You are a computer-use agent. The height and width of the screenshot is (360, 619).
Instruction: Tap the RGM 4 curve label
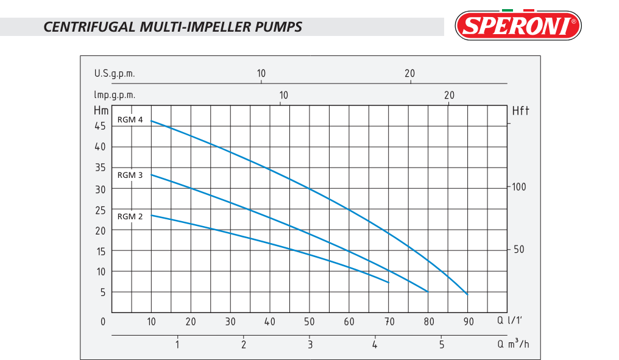130,120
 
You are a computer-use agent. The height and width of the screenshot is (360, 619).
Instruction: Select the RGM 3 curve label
130,175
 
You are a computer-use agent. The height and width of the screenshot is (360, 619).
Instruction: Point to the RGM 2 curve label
130,216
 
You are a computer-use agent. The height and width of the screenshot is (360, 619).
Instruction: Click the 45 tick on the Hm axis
99,125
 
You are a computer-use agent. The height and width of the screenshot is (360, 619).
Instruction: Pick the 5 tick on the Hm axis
103,292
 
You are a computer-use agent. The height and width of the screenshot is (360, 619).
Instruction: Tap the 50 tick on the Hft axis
518,250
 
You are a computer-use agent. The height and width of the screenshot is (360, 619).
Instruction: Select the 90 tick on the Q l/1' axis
468,322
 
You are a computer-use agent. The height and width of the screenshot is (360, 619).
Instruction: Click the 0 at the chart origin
103,322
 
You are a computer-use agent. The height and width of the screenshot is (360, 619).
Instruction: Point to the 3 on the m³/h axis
309,345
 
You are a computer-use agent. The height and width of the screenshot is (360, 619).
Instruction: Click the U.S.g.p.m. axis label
115,74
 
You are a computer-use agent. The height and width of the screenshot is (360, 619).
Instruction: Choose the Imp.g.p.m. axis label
115,95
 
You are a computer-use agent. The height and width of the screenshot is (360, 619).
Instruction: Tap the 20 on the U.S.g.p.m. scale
409,74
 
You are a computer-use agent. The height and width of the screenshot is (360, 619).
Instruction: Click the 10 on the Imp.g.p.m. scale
283,95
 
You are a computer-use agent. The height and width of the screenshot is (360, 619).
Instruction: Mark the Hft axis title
520,111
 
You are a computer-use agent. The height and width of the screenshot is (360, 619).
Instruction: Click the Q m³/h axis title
514,345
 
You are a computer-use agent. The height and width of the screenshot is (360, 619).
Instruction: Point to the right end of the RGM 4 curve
467,294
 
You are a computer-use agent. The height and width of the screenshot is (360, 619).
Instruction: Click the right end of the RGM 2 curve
389,283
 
